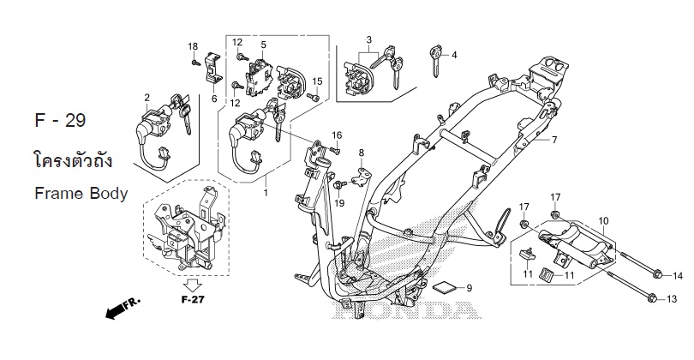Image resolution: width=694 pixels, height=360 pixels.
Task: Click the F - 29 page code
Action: [60, 120]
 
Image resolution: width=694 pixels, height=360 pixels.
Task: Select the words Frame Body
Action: [81, 194]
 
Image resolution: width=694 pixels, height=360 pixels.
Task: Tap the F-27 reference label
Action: [193, 300]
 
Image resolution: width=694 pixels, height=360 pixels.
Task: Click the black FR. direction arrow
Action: [123, 309]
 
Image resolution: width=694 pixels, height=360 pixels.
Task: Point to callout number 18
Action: [193, 46]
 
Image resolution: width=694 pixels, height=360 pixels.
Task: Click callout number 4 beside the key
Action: [454, 56]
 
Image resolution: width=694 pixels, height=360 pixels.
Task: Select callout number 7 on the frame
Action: [553, 140]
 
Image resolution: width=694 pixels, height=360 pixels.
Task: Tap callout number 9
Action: [470, 288]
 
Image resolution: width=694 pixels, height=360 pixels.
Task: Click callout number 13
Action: [672, 299]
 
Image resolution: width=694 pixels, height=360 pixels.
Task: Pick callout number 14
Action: [678, 276]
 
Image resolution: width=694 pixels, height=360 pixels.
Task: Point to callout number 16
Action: [337, 135]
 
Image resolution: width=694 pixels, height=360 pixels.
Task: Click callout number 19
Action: [339, 203]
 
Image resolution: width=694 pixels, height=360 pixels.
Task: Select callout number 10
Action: [603, 220]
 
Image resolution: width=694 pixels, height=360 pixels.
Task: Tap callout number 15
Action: [317, 81]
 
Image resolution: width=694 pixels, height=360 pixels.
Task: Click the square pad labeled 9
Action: [443, 287]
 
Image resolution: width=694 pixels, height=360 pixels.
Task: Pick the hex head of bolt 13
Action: [652, 299]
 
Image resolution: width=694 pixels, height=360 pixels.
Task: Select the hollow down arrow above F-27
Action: [193, 285]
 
